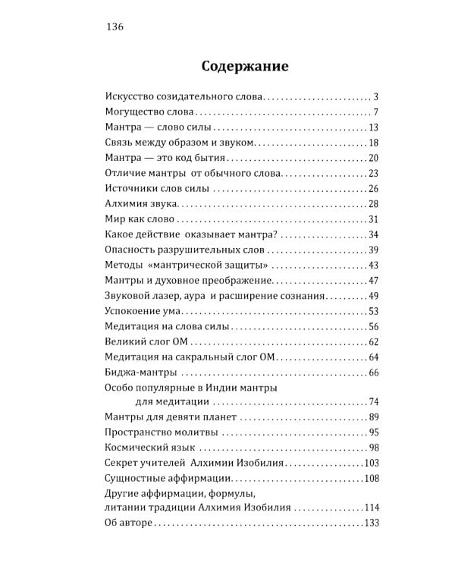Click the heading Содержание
point(244,66)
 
